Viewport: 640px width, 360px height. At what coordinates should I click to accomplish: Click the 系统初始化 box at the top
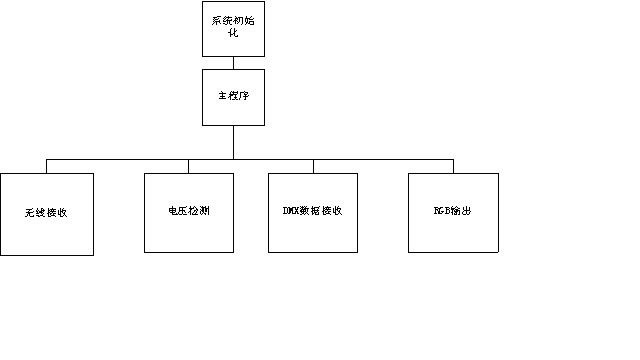233,28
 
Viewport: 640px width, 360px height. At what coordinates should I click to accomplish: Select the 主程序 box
233,96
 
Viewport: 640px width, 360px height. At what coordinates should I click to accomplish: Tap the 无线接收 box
47,214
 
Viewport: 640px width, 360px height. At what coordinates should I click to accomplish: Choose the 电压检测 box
189,212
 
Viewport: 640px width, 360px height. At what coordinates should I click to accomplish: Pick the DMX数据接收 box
313,212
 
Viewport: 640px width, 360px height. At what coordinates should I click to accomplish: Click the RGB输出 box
453,212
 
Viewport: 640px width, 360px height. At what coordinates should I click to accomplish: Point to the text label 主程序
233,97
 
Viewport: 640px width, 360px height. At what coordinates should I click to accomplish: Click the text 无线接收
46,214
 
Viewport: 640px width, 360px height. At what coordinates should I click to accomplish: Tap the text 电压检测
189,212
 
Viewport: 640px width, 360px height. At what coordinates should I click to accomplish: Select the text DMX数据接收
313,212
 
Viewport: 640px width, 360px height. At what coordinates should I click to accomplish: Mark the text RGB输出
453,212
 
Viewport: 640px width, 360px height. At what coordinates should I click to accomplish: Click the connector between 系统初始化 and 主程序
233,63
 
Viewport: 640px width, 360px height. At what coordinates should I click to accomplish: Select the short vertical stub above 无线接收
47,166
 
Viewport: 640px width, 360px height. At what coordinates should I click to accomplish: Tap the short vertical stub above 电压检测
189,166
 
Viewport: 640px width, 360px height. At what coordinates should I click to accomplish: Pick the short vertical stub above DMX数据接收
313,166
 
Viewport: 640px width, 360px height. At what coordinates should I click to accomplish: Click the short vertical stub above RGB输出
453,166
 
